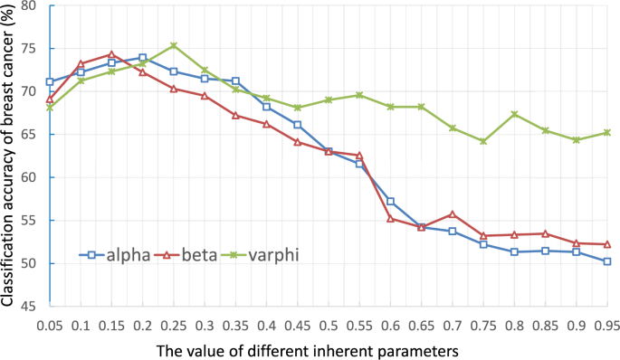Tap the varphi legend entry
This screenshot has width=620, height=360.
coord(269,255)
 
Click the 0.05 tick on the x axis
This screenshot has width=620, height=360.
coord(50,323)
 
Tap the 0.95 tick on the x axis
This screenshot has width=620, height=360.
coord(606,323)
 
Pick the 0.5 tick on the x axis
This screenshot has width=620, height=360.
coord(329,323)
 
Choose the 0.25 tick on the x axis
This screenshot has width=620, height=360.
coord(174,323)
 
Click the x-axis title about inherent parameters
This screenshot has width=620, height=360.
coord(328,348)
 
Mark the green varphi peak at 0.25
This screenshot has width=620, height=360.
coord(174,45)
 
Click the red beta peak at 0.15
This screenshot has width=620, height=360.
coord(111,54)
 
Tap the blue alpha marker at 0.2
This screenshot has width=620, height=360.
coord(142,58)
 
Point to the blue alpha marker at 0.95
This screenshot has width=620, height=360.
coord(606,261)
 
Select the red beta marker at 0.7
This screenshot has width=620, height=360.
coord(452,214)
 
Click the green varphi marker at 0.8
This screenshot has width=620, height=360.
coord(514,114)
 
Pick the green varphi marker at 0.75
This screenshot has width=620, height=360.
coord(483,141)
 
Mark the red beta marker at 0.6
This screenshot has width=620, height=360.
coord(390,218)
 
